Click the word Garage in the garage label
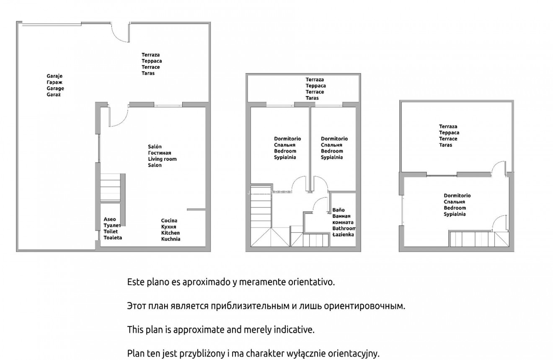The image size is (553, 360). point(55,88)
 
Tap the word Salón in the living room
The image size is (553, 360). point(155,146)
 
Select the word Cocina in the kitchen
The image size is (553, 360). point(169,220)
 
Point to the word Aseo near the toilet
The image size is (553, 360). point(110,219)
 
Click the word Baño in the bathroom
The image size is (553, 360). point(339,210)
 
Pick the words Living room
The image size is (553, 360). point(162,159)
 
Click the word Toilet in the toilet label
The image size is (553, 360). point(111,231)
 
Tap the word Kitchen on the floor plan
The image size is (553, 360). point(171,233)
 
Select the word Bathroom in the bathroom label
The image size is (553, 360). point(344,228)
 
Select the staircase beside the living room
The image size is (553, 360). point(110,188)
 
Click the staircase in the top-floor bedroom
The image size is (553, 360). point(478,238)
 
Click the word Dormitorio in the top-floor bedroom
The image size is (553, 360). point(457,196)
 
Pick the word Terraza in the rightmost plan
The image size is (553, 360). point(448,127)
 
